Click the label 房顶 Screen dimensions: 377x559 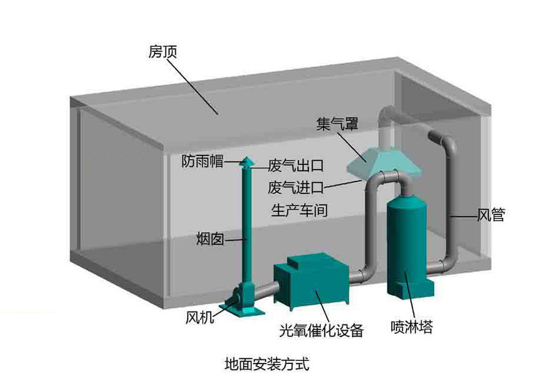pyautogui.click(x=162, y=52)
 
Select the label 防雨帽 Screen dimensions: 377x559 pyautogui.click(x=203, y=161)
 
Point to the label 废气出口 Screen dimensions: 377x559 pyautogui.click(x=295, y=166)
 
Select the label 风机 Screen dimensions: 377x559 pyautogui.click(x=200, y=317)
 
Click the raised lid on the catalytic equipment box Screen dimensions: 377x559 pyautogui.click(x=304, y=262)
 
